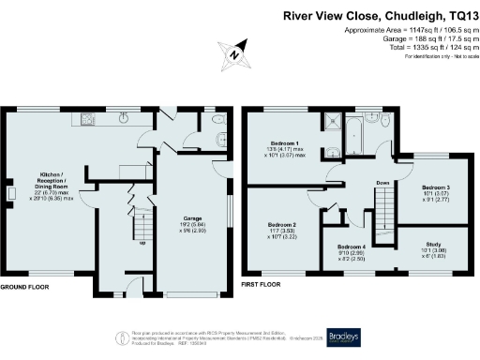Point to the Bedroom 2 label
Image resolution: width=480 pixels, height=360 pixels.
coord(282,229)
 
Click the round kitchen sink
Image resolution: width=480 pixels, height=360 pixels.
coord(123,119)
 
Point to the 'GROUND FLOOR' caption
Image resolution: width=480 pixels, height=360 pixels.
coord(23,287)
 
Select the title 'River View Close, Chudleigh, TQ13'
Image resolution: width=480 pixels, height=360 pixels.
coord(380,15)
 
